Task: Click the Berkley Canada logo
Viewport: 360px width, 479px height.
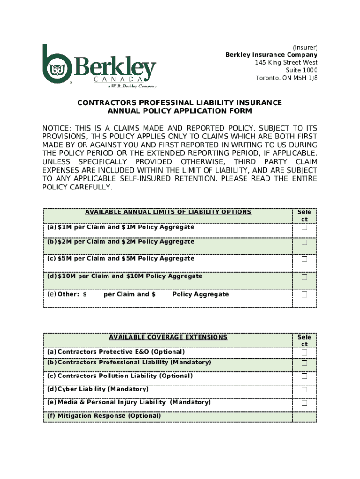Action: pyautogui.click(x=99, y=66)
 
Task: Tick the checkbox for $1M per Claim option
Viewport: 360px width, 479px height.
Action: pyautogui.click(x=304, y=228)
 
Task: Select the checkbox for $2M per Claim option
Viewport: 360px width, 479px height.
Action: pyautogui.click(x=304, y=243)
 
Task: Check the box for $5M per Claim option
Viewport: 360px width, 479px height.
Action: pyautogui.click(x=304, y=259)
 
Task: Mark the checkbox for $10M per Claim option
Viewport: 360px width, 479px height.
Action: pyautogui.click(x=304, y=277)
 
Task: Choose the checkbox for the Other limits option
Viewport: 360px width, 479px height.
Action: pyautogui.click(x=304, y=295)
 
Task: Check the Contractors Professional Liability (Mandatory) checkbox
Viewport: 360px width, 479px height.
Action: pyautogui.click(x=304, y=363)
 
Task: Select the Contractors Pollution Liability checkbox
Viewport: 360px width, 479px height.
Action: pyautogui.click(x=304, y=377)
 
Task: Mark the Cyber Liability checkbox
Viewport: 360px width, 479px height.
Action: pyautogui.click(x=304, y=390)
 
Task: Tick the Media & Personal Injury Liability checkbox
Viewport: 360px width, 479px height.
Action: pyautogui.click(x=304, y=403)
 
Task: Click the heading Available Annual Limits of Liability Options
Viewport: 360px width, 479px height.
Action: pyautogui.click(x=168, y=212)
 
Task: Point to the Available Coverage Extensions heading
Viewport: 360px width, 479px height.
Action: pyautogui.click(x=168, y=337)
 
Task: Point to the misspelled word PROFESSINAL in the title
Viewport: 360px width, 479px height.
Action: pyautogui.click(x=152, y=102)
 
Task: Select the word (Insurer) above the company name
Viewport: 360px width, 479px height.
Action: pyautogui.click(x=305, y=48)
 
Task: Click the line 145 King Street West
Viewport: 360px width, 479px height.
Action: pyautogui.click(x=286, y=63)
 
